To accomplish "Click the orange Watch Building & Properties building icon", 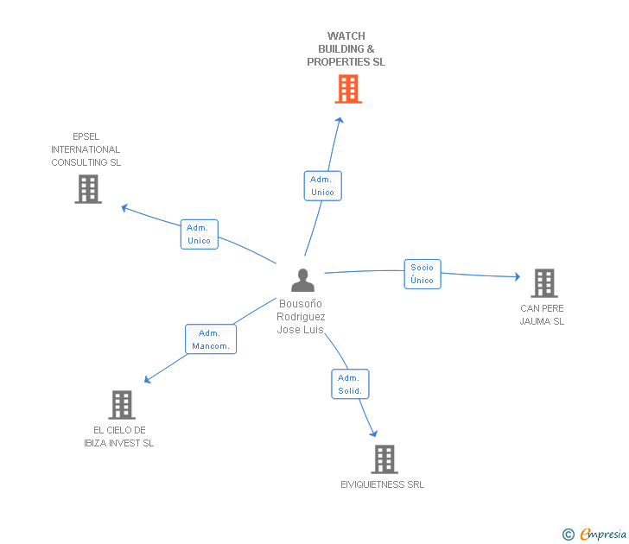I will [x=347, y=89].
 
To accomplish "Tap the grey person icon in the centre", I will [x=302, y=280].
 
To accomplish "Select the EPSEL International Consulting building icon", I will [x=88, y=189].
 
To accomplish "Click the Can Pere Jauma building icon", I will [x=543, y=282].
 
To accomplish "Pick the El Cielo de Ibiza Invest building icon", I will [x=122, y=404].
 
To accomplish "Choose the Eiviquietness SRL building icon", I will [x=384, y=459].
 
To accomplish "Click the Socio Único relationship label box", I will [x=423, y=274].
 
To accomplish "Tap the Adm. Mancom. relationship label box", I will [x=211, y=339].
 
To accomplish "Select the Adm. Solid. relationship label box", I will [x=350, y=384].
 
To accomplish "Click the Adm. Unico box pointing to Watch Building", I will [x=322, y=186].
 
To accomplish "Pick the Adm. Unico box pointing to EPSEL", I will [x=199, y=234].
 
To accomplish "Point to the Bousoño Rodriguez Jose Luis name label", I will [x=301, y=317].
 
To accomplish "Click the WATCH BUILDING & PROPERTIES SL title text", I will [x=346, y=49].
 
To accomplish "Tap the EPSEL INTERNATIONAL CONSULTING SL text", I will [x=86, y=149].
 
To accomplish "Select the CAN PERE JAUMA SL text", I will [x=542, y=314].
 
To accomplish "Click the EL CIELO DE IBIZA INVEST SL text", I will [x=119, y=436].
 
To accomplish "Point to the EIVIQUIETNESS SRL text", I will [x=382, y=484].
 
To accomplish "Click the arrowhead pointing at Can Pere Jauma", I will [x=517, y=277].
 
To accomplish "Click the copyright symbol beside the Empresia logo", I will [x=569, y=535].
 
